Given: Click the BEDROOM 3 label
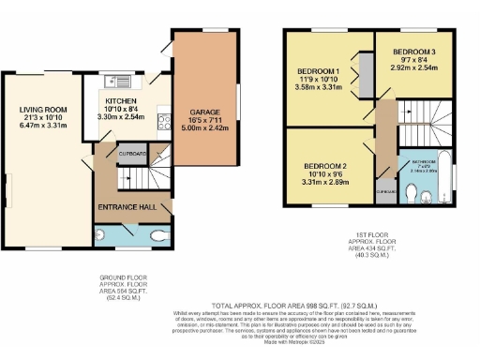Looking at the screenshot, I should (412, 51).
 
